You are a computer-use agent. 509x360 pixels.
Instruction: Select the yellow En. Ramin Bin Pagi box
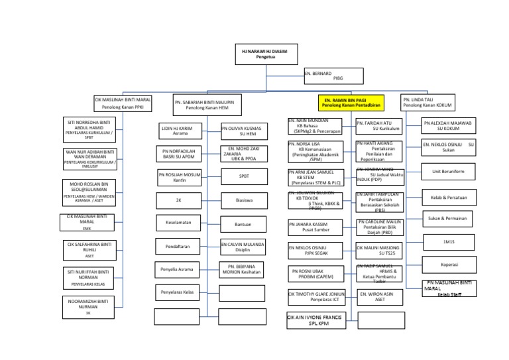[351, 103]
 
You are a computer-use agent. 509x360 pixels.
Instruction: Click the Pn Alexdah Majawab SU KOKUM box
[448, 126]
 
